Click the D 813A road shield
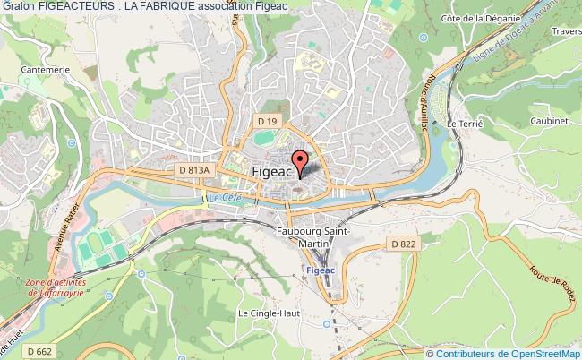pos(194,167)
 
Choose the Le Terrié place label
pos(465,123)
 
